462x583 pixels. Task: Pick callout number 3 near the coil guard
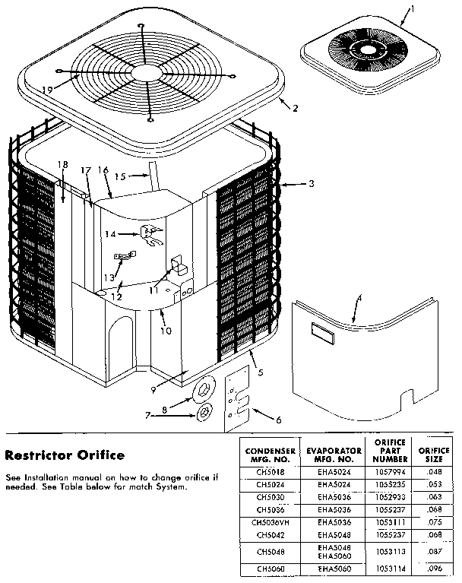tap(310, 184)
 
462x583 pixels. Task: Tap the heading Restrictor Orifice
tap(65, 456)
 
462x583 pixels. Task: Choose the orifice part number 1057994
tap(391, 472)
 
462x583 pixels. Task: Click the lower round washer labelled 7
tap(204, 413)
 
